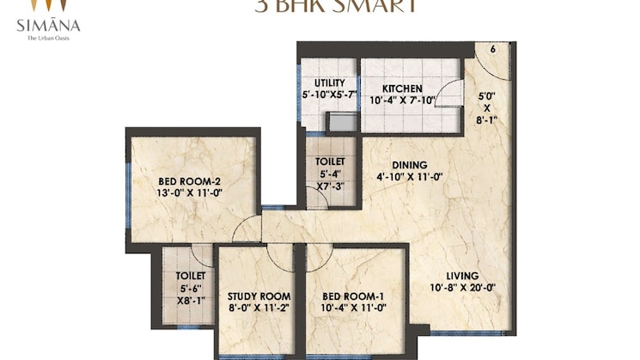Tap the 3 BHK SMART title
[x=335, y=6]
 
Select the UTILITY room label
[x=329, y=82]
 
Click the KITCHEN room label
[x=402, y=88]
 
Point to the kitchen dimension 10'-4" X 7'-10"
[x=402, y=101]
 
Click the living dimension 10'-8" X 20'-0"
[x=464, y=288]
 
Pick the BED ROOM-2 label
[x=190, y=181]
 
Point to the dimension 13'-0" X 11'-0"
[x=190, y=193]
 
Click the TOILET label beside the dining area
[x=330, y=162]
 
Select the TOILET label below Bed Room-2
[x=190, y=276]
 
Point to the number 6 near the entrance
[x=493, y=49]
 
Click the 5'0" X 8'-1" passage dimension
[x=485, y=108]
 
